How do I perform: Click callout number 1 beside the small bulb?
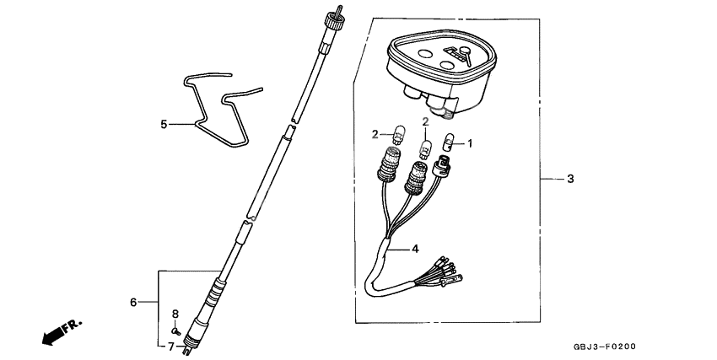(469, 143)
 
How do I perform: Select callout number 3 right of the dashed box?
(570, 179)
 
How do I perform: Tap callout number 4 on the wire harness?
(415, 249)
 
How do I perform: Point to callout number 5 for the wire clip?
(164, 124)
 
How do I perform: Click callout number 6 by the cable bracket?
(133, 302)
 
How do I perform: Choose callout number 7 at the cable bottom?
(170, 347)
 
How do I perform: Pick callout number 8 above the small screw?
(175, 314)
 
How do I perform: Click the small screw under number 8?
(175, 330)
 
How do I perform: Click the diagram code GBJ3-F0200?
(604, 347)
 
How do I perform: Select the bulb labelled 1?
(448, 142)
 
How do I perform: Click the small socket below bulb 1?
(441, 166)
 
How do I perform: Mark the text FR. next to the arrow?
(73, 325)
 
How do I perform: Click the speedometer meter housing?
(441, 71)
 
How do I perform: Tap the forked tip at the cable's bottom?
(187, 350)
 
